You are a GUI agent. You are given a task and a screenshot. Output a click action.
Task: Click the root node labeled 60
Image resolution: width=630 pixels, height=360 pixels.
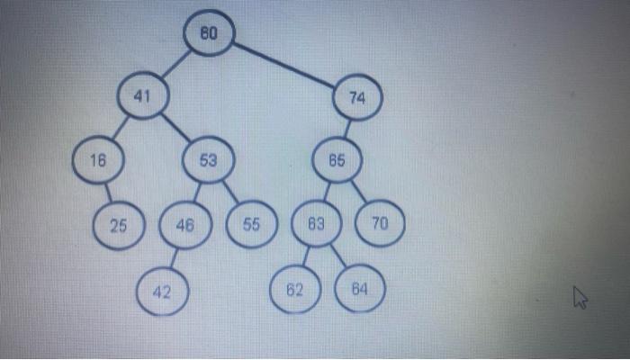[209, 33]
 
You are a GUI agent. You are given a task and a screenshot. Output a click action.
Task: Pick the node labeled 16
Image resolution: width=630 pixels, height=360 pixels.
[98, 159]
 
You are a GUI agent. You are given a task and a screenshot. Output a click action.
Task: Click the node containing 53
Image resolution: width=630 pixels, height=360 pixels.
[208, 161]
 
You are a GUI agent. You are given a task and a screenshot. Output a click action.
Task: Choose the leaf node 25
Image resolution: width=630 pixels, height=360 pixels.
[119, 225]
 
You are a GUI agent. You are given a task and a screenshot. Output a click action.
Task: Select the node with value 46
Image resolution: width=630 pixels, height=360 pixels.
[185, 226]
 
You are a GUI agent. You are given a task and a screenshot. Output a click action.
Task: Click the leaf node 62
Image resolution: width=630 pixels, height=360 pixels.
[294, 291]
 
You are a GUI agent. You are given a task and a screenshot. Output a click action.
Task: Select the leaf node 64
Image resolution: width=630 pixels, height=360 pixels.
[358, 290]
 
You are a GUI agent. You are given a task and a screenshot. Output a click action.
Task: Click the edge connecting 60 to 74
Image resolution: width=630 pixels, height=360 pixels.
[283, 64]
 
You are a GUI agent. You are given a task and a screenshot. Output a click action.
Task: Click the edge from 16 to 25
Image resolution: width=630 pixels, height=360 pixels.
[108, 192]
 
